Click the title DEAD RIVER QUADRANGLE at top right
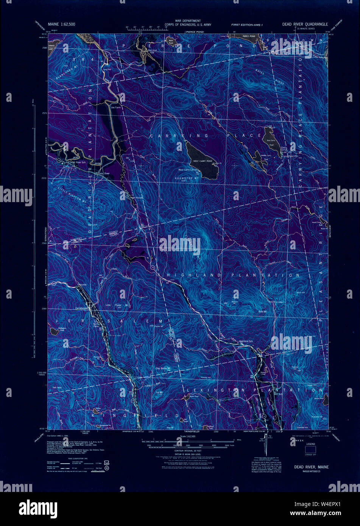tap(305, 24)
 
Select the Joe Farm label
tap(115, 107)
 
